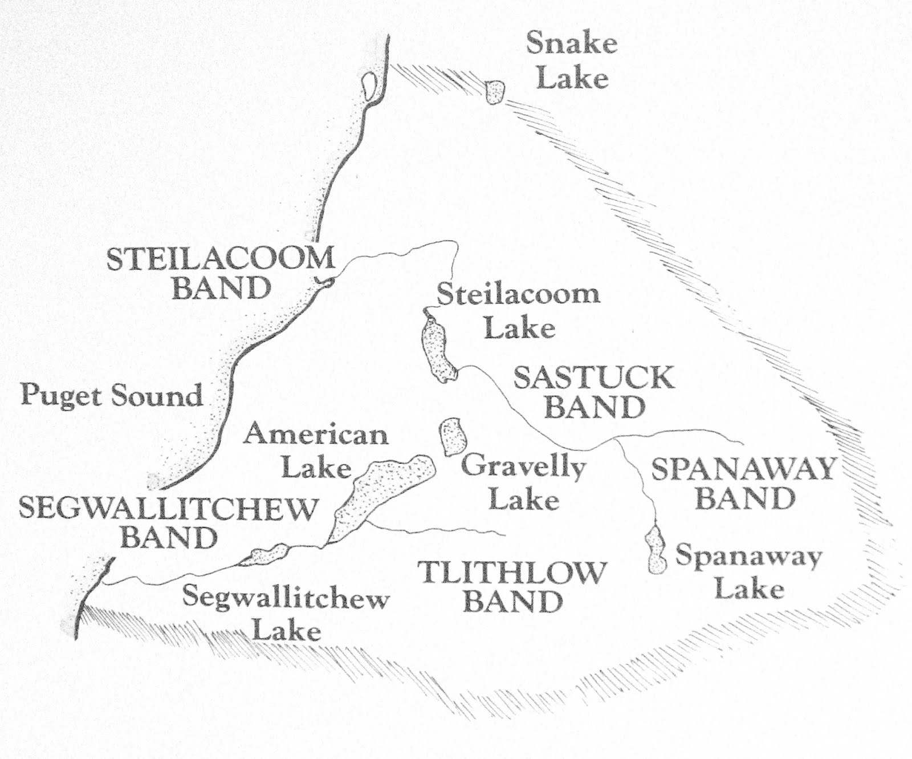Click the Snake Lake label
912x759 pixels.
pyautogui.click(x=572, y=60)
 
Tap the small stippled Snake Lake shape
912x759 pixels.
pyautogui.click(x=495, y=91)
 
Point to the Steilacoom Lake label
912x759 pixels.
pyautogui.click(x=518, y=311)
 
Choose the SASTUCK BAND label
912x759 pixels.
pyautogui.click(x=595, y=392)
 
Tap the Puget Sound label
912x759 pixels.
pyautogui.click(x=112, y=396)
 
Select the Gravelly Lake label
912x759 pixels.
pyautogui.click(x=524, y=483)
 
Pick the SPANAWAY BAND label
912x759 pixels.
pyautogui.click(x=744, y=484)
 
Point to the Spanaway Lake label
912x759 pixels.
pyautogui.click(x=748, y=572)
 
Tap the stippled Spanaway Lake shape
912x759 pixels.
pyautogui.click(x=655, y=551)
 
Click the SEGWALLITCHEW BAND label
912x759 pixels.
pyautogui.click(x=168, y=522)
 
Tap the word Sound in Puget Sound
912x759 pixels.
pyautogui.click(x=157, y=396)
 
